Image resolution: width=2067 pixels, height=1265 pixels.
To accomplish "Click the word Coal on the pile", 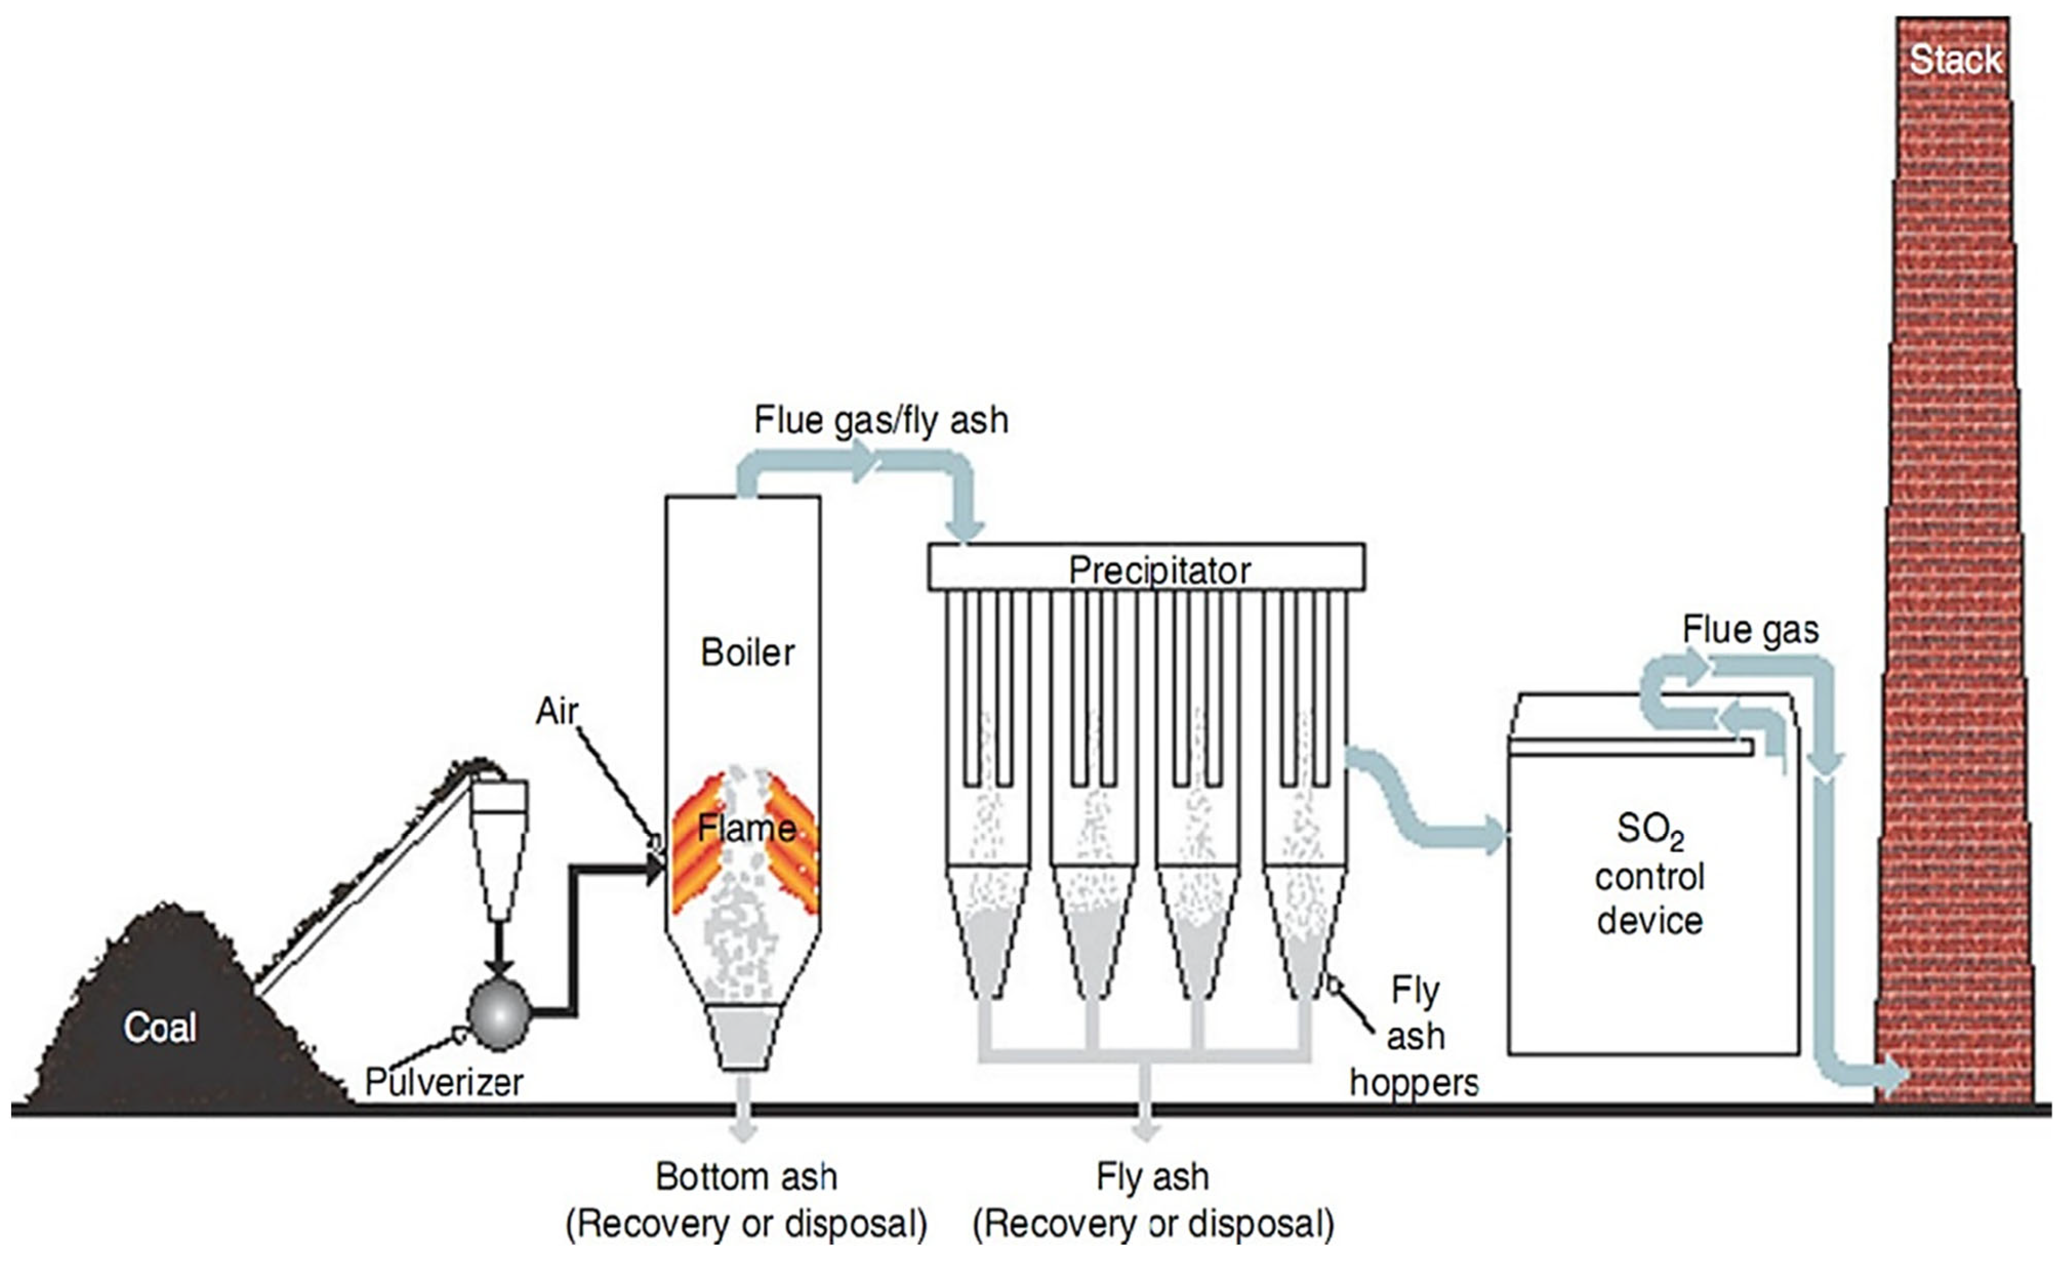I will [160, 1027].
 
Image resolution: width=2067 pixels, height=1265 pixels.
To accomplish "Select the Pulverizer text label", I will [444, 1082].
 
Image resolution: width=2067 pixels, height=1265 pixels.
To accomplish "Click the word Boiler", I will [747, 652].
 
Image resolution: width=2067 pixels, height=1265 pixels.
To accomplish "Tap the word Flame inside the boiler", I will [747, 829].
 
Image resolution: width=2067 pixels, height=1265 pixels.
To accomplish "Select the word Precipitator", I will [1160, 571].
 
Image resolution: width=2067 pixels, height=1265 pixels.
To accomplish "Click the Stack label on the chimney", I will [1955, 60].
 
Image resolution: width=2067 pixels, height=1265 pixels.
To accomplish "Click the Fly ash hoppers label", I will [1414, 1037].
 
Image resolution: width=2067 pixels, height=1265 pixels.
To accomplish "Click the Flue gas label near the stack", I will [1750, 629].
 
